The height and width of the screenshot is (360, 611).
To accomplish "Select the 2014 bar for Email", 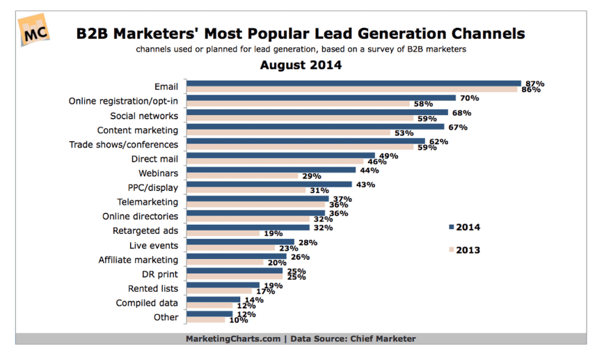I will point(354,84).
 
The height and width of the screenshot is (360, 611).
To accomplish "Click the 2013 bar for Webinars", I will point(243,176).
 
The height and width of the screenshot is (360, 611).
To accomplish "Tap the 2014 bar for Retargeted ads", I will point(248,227).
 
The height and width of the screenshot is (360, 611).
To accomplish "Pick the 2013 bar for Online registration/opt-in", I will point(298,104).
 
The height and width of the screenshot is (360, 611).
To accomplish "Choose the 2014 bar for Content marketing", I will point(316,127).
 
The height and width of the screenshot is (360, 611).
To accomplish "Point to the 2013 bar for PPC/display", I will point(246,191).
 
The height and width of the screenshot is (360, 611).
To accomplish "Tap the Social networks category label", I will point(144,116).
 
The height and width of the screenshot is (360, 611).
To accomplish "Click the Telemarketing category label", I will point(148,202).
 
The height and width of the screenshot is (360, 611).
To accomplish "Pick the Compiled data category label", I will point(147,303).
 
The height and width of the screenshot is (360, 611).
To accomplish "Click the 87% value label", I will point(534,84).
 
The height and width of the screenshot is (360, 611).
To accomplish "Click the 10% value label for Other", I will point(238,320).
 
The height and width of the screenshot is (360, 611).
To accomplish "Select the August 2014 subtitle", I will point(301,65).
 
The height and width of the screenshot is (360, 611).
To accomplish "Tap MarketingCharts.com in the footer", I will point(232,339).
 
